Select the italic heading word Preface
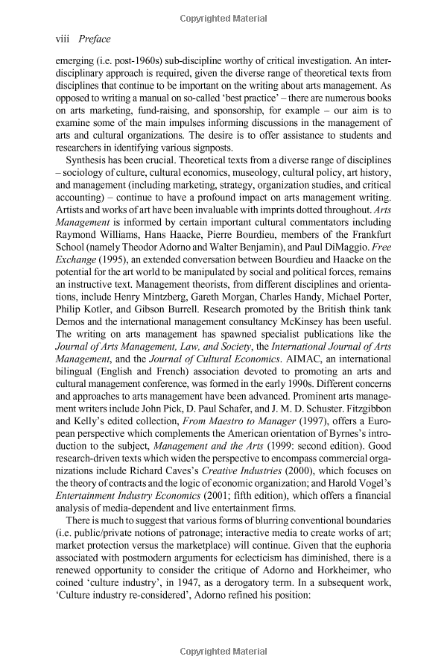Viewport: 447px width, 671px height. click(94, 35)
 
